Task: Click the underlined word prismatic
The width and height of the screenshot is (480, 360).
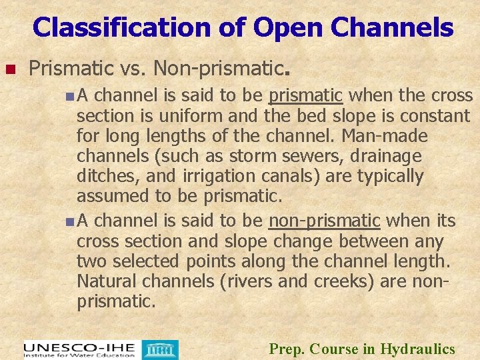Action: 305,96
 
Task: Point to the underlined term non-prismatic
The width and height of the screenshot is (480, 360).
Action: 324,220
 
